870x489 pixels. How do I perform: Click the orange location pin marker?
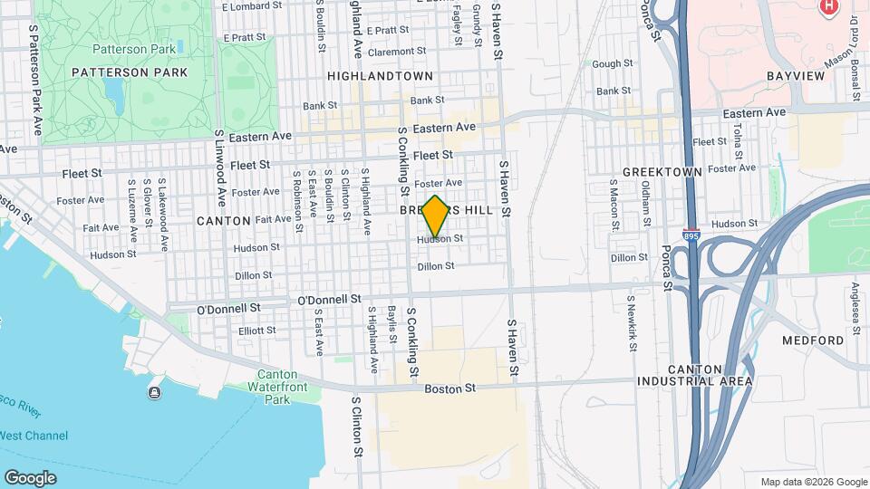coord(435,216)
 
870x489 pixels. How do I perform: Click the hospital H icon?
coord(827,7)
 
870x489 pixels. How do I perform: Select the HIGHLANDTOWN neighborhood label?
coord(380,76)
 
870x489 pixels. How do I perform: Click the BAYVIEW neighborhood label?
coord(796,76)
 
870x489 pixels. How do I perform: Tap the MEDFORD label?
coord(813,340)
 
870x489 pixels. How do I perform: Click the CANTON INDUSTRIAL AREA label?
coord(709,375)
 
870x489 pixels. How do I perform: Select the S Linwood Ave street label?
coord(219,167)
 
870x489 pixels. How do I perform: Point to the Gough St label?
coord(612,64)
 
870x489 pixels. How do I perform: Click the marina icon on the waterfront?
coord(155,392)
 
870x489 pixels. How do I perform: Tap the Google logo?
coord(30,477)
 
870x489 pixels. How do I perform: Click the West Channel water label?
coord(34,436)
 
